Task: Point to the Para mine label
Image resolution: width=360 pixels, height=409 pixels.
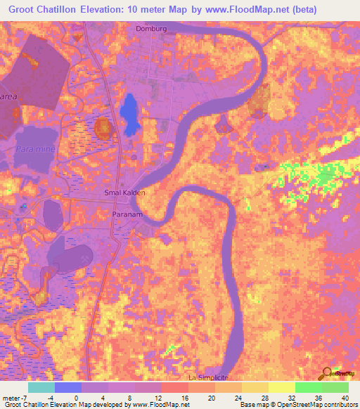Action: pos(32,150)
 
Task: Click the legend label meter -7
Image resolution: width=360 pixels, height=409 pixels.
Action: pos(14,397)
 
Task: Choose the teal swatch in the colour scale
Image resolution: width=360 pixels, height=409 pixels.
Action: pos(41,387)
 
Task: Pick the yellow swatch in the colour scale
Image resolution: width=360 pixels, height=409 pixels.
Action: pos(281,387)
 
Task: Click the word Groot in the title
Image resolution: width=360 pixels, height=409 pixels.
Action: pos(21,10)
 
